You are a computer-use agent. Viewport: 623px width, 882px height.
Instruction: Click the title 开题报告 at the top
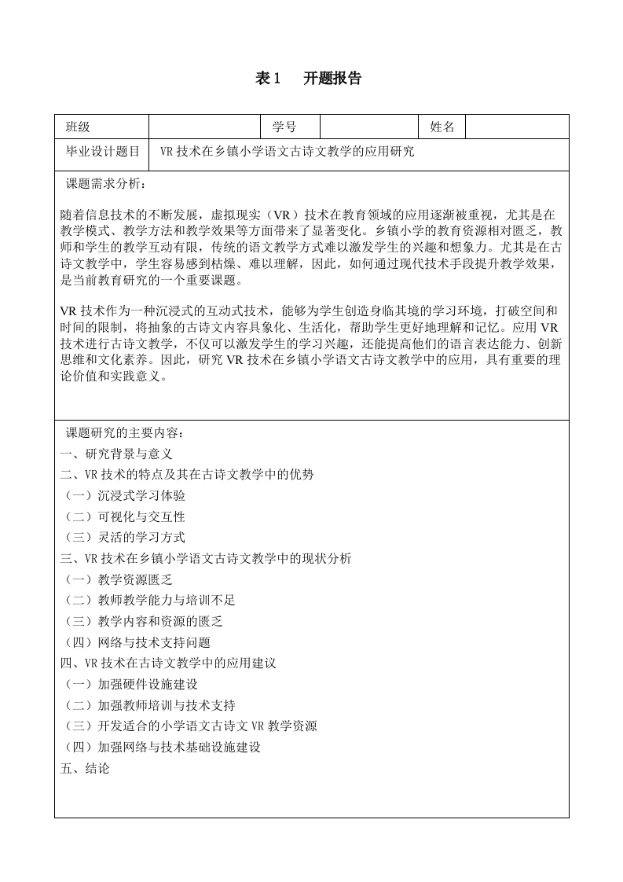click(x=332, y=78)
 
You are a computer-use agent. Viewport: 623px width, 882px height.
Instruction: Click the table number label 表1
click(x=268, y=78)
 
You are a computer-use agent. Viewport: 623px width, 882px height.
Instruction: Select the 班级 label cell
click(x=78, y=127)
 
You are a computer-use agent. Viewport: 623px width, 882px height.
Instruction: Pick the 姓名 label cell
click(x=442, y=127)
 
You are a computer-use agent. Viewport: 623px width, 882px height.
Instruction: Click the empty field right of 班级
click(x=204, y=127)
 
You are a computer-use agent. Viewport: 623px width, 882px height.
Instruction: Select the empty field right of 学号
click(x=368, y=127)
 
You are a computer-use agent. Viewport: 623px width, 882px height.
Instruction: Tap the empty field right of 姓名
click(x=517, y=127)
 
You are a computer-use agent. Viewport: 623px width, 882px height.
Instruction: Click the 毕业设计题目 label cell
click(x=102, y=152)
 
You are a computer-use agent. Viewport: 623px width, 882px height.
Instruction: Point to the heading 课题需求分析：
click(x=106, y=184)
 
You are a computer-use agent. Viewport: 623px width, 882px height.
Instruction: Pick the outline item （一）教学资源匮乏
click(x=117, y=579)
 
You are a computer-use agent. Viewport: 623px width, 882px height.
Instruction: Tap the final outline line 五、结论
click(x=85, y=768)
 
